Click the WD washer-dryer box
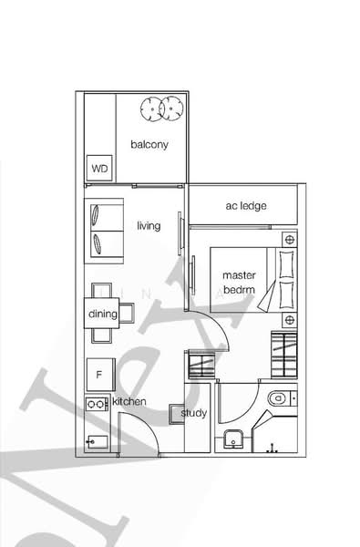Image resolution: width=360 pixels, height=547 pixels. [x=98, y=168]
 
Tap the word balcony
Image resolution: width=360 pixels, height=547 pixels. [x=149, y=145]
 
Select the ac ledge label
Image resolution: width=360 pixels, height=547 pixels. [x=246, y=206]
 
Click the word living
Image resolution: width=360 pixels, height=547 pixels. [x=149, y=225]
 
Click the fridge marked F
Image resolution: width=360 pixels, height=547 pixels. [x=98, y=373]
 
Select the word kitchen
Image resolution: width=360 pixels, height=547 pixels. [x=129, y=401]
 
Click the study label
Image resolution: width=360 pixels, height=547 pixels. [x=194, y=413]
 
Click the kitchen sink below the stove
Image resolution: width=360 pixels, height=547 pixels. [x=97, y=442]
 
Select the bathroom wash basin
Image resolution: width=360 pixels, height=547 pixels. [x=235, y=439]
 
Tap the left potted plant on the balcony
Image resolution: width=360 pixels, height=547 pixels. [x=149, y=109]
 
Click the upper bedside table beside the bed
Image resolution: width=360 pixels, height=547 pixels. [x=289, y=240]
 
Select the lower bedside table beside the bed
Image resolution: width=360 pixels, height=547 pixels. [x=289, y=320]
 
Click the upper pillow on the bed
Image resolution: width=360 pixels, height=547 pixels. [x=286, y=263]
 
